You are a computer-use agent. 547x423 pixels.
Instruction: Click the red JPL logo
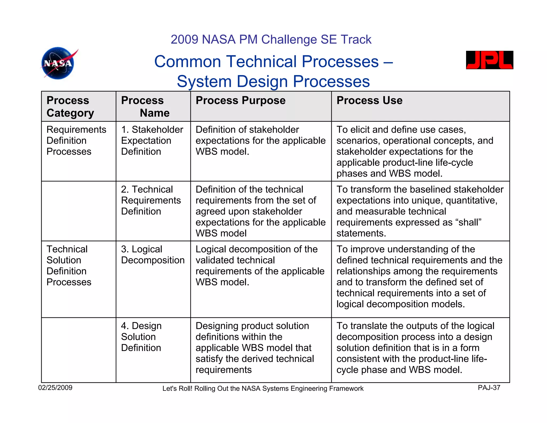pyautogui.click(x=489, y=60)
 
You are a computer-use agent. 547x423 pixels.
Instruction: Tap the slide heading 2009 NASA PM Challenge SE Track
pyautogui.click(x=271, y=40)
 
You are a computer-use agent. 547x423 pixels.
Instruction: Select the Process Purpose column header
pyautogui.click(x=240, y=101)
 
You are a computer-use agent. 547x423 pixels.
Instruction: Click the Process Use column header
pyautogui.click(x=369, y=101)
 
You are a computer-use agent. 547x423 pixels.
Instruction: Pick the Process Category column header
pyautogui.click(x=70, y=107)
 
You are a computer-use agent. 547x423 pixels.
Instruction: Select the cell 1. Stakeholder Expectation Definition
pyautogui.click(x=152, y=141)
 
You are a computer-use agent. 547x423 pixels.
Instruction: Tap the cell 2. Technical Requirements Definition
pyautogui.click(x=151, y=200)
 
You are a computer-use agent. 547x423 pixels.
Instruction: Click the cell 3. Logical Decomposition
pyautogui.click(x=153, y=255)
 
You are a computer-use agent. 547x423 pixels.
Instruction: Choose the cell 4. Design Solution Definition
pyautogui.click(x=141, y=337)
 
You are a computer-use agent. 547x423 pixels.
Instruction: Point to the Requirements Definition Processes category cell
pyautogui.click(x=76, y=141)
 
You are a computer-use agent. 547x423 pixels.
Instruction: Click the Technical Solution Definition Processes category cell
pyautogui.click(x=69, y=266)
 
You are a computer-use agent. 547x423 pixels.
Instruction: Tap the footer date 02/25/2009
pyautogui.click(x=55, y=388)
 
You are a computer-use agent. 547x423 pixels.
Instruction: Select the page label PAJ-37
pyautogui.click(x=489, y=388)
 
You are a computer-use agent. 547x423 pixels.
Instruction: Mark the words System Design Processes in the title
pyautogui.click(x=273, y=81)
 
